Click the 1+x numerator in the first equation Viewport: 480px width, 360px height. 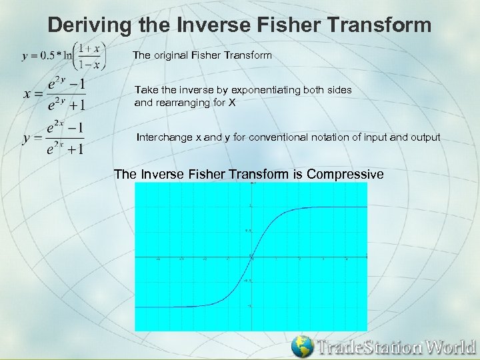[x=94, y=49]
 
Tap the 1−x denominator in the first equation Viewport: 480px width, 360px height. [x=94, y=65]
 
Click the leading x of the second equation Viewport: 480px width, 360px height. [x=27, y=93]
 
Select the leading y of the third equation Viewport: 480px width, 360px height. [x=27, y=138]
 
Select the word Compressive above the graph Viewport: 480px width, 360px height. [x=341, y=174]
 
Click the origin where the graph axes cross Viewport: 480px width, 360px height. [x=252, y=256]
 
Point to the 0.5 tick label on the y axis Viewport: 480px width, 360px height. [x=247, y=231]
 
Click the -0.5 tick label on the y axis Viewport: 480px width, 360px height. [x=246, y=281]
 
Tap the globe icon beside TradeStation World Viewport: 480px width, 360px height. [x=303, y=347]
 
